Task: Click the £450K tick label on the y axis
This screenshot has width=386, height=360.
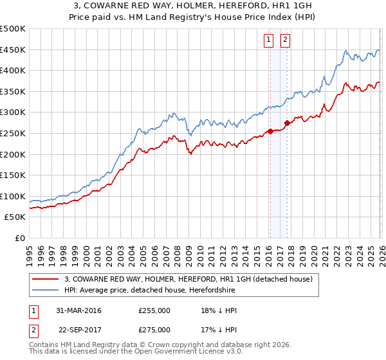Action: pyautogui.click(x=13, y=50)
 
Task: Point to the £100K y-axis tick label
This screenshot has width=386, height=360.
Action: pyautogui.click(x=13, y=196)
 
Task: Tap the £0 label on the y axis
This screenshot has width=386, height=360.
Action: pyautogui.click(x=20, y=238)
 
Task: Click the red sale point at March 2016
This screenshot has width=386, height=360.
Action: pyautogui.click(x=270, y=131)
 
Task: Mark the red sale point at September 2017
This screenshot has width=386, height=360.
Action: pyautogui.click(x=286, y=123)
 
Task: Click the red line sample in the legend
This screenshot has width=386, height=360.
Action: pyautogui.click(x=47, y=279)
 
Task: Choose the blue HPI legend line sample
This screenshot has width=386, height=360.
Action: pyautogui.click(x=47, y=290)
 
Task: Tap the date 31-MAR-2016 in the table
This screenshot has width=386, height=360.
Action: pyautogui.click(x=80, y=310)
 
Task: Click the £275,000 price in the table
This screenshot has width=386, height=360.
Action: pyautogui.click(x=154, y=329)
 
